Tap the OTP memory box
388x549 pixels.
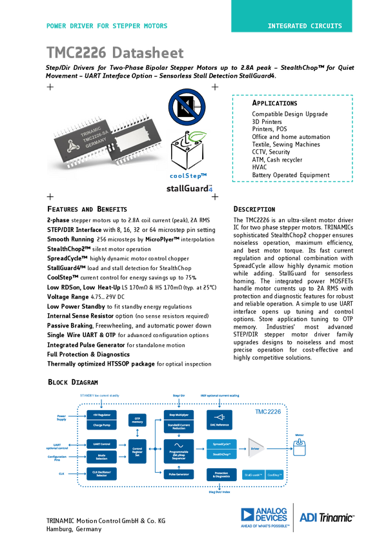[x=137, y=420]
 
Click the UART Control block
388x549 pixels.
[x=102, y=444]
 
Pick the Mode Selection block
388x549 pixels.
[x=102, y=456]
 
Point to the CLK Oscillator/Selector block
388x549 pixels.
[x=102, y=473]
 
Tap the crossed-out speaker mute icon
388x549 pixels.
[x=187, y=107]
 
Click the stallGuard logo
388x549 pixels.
[x=189, y=189]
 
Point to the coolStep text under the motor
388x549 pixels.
[x=189, y=176]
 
